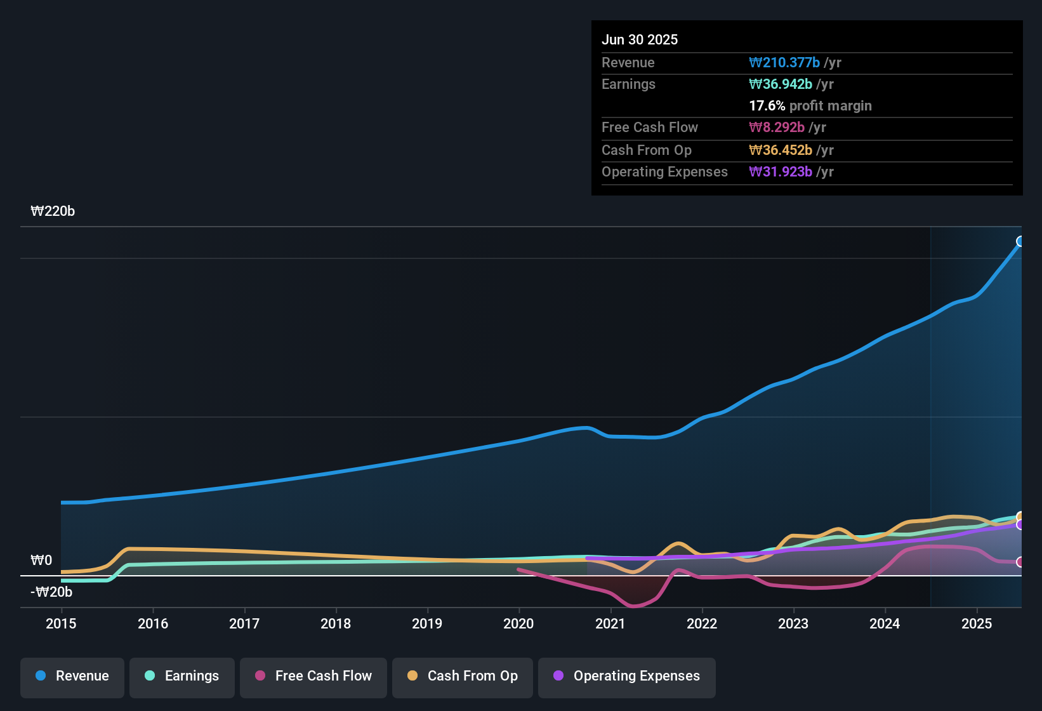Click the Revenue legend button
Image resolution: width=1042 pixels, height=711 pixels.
pos(72,676)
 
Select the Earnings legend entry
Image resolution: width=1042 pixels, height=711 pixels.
pos(182,676)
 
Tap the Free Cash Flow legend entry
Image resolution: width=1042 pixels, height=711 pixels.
pos(313,676)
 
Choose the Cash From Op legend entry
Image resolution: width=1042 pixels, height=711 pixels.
pos(463,676)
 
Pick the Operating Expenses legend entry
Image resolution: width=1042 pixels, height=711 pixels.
pos(627,676)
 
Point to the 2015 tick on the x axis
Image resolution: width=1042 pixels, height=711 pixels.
pos(61,623)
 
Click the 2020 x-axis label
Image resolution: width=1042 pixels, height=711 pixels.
pos(518,623)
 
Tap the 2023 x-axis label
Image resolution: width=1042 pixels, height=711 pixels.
pos(793,623)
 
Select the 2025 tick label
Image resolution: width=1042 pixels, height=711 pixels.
pos(977,623)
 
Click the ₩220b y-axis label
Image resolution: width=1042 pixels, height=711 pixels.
pos(53,211)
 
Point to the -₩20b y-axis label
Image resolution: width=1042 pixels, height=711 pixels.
pos(51,592)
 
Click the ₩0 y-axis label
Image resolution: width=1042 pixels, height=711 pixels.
pos(41,561)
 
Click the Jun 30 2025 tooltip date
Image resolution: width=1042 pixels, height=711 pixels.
pos(640,39)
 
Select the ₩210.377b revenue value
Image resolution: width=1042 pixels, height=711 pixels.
pos(784,62)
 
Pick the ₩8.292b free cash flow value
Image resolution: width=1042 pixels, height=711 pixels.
pos(777,127)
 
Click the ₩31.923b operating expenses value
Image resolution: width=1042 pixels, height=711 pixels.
pos(781,171)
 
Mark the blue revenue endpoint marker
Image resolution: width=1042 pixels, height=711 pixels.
pos(1020,241)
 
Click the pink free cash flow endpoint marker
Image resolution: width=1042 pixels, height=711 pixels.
pos(1020,562)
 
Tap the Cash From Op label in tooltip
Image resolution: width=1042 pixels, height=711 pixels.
pos(647,150)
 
